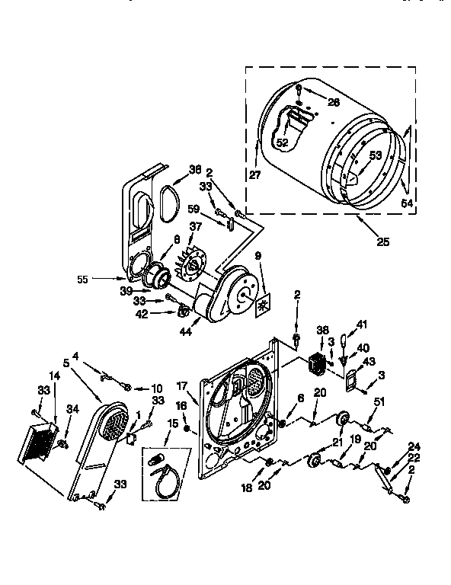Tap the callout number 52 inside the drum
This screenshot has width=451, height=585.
click(x=282, y=142)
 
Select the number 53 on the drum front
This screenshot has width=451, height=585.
click(x=373, y=155)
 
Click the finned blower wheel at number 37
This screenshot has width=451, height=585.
click(x=187, y=267)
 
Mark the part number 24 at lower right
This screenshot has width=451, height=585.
click(x=414, y=446)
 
